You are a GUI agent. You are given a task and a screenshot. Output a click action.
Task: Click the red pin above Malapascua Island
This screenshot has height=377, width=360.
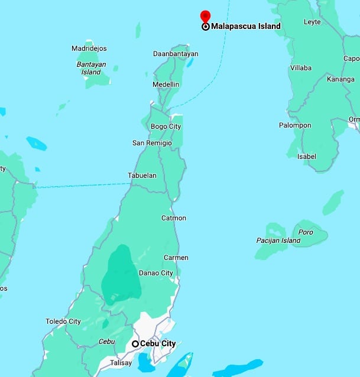[205, 16]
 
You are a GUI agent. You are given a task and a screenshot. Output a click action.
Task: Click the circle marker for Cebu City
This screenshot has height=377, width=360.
[135, 343]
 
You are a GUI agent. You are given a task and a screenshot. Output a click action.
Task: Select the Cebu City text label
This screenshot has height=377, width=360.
[158, 343]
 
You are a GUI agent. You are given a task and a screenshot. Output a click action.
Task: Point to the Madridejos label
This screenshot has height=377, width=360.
[92, 48]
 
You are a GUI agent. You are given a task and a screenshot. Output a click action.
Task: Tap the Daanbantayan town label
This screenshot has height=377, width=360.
[176, 54]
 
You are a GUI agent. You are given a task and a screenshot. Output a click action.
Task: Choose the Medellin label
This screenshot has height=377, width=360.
[166, 84]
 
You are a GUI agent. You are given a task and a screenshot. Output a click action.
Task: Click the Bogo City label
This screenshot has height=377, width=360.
[166, 126]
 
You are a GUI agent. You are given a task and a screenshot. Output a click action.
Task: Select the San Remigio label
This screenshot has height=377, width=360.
[152, 143]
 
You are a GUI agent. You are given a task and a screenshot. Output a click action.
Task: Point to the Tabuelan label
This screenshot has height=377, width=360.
[142, 175]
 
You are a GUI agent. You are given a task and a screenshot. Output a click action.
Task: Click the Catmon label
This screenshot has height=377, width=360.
[174, 218]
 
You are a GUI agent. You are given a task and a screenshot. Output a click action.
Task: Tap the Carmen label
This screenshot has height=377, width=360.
[176, 258]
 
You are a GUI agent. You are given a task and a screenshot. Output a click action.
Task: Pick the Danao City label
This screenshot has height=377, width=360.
[155, 273]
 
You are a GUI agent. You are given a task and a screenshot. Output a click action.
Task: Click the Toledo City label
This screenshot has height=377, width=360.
[63, 321]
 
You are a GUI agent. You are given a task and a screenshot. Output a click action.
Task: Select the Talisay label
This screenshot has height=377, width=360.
[121, 363]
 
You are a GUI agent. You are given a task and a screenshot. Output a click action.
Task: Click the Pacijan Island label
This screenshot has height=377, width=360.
[278, 240]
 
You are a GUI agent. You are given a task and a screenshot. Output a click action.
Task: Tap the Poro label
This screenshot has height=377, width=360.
[306, 232]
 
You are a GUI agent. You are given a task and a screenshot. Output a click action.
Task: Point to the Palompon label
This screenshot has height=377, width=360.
[296, 125]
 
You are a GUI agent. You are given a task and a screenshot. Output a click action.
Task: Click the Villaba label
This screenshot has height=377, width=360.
[300, 68]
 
